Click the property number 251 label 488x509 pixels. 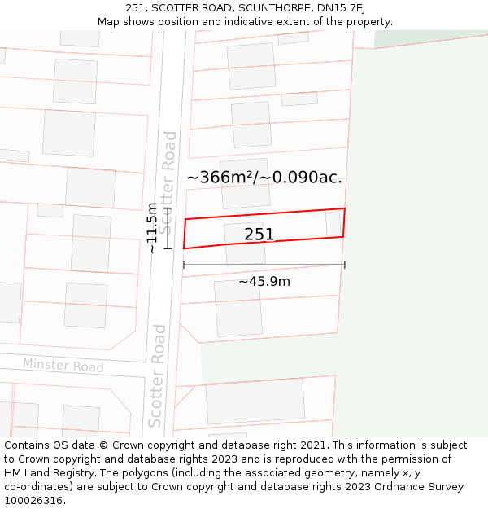pos(259,235)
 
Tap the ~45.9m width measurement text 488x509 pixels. pos(264,282)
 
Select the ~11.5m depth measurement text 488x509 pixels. pos(152,228)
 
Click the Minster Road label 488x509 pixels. pos(63,366)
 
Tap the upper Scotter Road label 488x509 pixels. pos(169,182)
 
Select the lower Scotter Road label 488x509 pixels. pos(157,375)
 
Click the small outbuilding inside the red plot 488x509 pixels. pos(333,222)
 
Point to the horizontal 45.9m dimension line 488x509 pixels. pos(264,265)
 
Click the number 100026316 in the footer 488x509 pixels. pos(34,500)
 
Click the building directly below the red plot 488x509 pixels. pos(238,308)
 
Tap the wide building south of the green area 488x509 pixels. pos(255,401)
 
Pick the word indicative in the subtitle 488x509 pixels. pos(229,22)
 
